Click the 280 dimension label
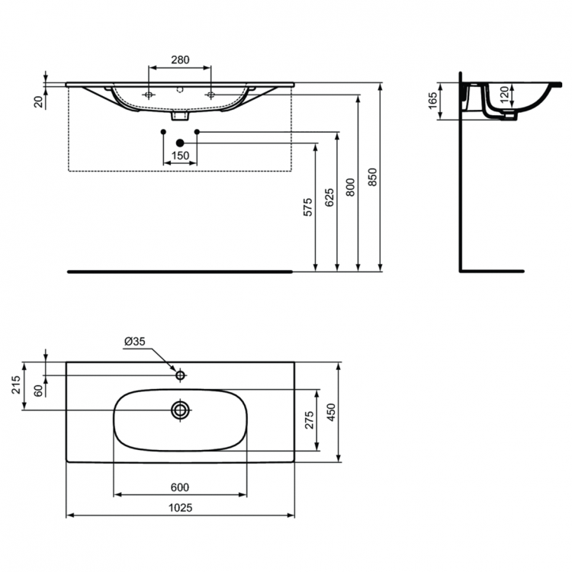click(x=180, y=59)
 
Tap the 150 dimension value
click(x=180, y=156)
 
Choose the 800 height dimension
click(x=350, y=187)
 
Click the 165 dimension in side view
click(x=432, y=101)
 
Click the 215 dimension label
click(x=18, y=386)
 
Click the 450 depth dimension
click(x=330, y=411)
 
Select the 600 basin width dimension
click(x=180, y=487)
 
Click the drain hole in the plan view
click(x=181, y=410)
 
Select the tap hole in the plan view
click(x=181, y=375)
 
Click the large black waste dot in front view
click(x=181, y=143)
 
